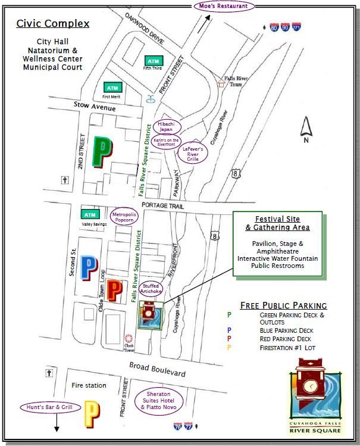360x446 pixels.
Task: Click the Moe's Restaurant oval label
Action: point(224,6)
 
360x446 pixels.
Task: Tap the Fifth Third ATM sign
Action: point(153,61)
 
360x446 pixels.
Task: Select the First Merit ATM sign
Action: point(111,87)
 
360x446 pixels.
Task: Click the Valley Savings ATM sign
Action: point(90,214)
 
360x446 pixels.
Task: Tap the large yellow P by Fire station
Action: point(92,414)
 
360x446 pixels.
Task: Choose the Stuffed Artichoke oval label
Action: point(151,289)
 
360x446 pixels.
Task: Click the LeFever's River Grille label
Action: point(193,154)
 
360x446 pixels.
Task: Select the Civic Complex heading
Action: point(53,24)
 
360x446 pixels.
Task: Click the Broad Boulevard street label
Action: point(158,369)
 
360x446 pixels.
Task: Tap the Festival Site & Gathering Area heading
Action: point(278,223)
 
